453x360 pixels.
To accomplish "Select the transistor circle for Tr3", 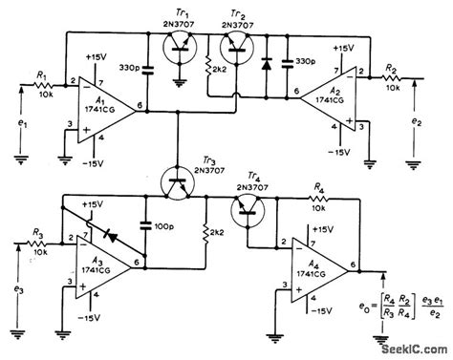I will [174, 180].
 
